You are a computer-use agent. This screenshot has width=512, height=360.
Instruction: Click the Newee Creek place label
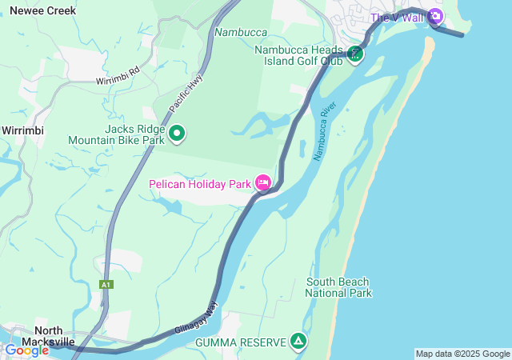coord(42,11)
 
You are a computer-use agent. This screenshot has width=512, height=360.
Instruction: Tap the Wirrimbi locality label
coord(22,130)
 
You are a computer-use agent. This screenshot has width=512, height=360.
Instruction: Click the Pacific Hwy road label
coord(185,94)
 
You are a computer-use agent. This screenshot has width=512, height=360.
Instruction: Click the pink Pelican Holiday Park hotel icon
coord(264,184)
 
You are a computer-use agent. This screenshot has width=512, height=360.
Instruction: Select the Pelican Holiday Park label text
coord(200,184)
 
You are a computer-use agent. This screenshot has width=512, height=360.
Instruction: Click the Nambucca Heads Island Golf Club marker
coord(355,54)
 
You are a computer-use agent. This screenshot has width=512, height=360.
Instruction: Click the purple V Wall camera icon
coord(434,16)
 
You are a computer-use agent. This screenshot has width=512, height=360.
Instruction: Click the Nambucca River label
coord(324,131)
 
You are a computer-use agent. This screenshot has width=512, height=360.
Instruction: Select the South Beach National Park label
coord(338,287)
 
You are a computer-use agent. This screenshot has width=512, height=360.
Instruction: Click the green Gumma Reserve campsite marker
coord(298,342)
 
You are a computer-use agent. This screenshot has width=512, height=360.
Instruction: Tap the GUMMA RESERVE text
coord(240,342)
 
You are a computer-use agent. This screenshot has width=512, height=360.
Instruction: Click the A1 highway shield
coord(106,284)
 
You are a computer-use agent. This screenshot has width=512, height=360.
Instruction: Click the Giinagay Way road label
coord(196,318)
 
